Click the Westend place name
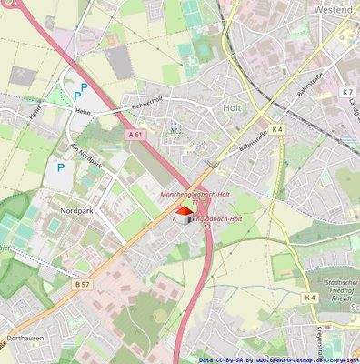coord(333,8)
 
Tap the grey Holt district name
coord(232,107)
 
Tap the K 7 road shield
coord(347,92)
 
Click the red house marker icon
coord(184,215)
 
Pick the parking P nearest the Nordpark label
coord(61,167)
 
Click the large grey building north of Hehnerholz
coord(118,62)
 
